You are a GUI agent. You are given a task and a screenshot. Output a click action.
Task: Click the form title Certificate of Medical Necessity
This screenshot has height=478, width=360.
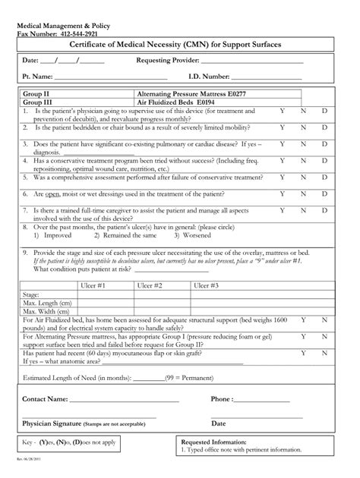pos(179,46)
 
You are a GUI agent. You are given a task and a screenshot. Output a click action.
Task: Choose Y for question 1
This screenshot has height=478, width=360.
pos(283,110)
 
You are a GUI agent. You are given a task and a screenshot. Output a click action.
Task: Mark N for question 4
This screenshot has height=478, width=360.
pos(304,160)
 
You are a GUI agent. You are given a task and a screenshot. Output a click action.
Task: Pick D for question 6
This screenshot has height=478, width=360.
pos(325,193)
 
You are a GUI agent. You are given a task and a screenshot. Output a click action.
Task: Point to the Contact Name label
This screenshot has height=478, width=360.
pos(46,398)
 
